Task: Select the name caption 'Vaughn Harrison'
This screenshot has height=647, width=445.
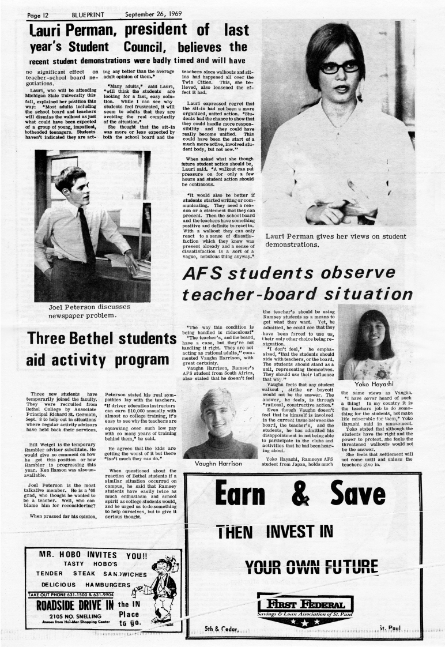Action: (x=220, y=463)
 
